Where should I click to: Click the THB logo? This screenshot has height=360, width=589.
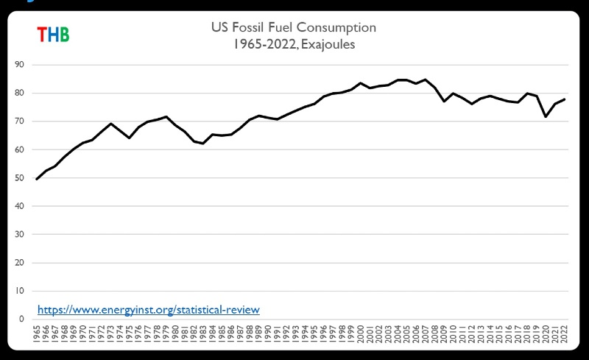coord(53,34)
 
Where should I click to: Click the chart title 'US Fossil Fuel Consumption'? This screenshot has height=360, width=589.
coord(293,27)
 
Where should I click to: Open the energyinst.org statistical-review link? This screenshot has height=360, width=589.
coord(148,310)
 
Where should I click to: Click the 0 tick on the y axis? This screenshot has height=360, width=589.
coord(21,320)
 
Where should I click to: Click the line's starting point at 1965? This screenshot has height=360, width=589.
coord(37,179)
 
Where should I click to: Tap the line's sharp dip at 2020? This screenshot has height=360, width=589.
coord(546,116)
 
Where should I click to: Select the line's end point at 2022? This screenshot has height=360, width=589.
coord(565,99)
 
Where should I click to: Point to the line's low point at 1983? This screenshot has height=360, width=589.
coord(203,144)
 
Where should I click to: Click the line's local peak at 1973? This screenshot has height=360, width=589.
coord(110,124)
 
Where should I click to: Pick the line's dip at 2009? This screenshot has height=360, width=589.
coord(444,101)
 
